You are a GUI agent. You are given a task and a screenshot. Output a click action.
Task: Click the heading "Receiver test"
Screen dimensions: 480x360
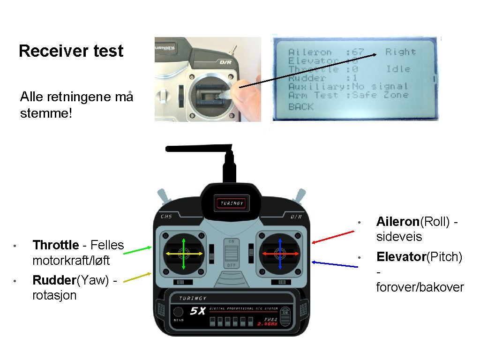click(x=71, y=51)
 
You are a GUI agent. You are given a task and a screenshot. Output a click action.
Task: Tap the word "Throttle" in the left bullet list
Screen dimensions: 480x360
click(x=55, y=245)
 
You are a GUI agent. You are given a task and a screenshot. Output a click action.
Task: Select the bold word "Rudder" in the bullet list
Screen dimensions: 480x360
click(x=54, y=280)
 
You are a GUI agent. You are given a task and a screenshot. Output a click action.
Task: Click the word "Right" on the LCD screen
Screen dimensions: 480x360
click(x=400, y=52)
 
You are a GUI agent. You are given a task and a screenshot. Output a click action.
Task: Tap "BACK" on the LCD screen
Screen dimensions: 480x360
click(x=301, y=107)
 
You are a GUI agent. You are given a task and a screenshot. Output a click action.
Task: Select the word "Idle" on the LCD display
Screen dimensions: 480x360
click(x=398, y=69)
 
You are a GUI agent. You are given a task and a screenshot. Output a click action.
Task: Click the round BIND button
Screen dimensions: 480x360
click(x=178, y=312)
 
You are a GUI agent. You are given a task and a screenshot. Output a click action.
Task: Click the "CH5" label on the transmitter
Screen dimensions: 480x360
click(x=166, y=217)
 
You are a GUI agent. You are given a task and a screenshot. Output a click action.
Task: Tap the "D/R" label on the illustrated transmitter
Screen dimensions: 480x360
click(x=296, y=217)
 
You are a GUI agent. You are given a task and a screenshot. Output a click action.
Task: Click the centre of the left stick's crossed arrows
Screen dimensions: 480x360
click(x=183, y=254)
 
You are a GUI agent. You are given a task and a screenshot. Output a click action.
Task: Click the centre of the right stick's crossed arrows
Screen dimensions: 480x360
click(x=279, y=254)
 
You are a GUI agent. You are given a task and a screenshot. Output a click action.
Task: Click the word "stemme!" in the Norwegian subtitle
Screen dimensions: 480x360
click(x=46, y=113)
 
